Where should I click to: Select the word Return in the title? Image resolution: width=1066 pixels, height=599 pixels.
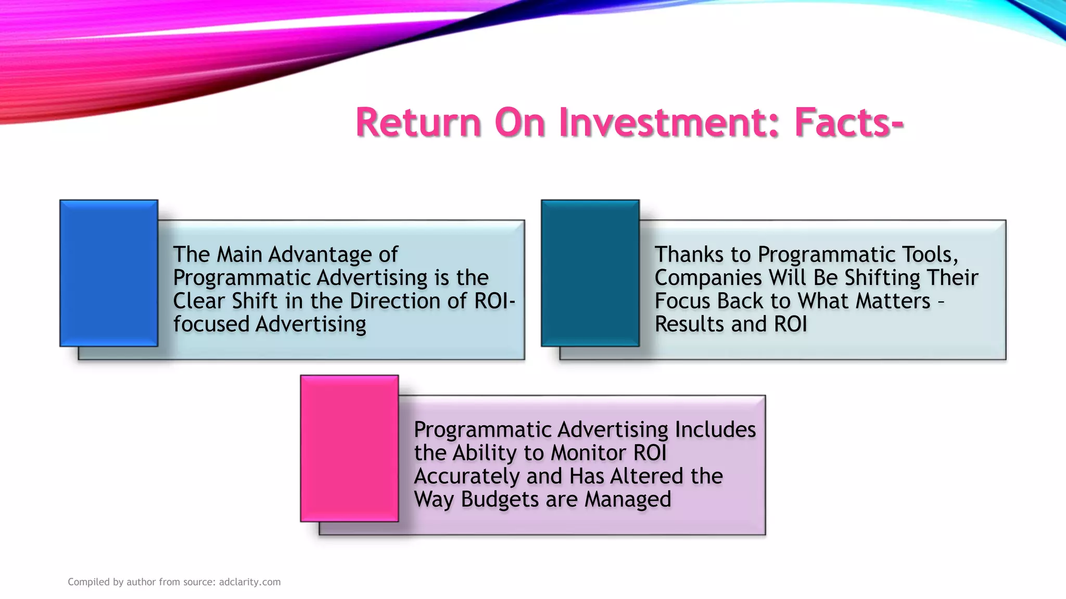(418, 123)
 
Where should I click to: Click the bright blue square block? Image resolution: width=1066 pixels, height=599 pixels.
(109, 273)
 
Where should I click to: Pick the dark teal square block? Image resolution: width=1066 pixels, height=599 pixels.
(590, 273)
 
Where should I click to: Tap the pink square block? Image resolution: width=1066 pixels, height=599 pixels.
(349, 448)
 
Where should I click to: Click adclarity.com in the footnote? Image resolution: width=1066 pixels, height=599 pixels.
(250, 582)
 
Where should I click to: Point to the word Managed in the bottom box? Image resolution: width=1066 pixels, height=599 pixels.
(628, 500)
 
